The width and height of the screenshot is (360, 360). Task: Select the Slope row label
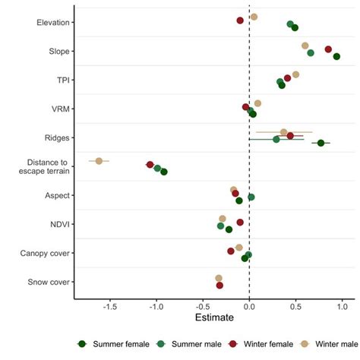pos(59,51)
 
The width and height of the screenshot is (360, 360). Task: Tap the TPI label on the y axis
pos(63,80)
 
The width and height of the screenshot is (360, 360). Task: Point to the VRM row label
pos(62,109)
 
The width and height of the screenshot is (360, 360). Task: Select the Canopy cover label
pos(47,253)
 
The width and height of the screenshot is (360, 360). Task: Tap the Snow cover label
pos(50,282)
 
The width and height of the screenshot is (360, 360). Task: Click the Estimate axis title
pos(214,317)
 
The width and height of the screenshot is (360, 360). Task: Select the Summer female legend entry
pos(115,344)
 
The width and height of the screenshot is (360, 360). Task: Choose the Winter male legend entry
pos(318,344)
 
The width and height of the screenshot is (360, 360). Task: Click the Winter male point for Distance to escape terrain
pos(99,161)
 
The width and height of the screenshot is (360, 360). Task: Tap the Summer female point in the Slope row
pos(336,56)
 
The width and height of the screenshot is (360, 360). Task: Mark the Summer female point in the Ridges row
pos(321,143)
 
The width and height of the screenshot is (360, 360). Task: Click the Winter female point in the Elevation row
pos(240,21)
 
